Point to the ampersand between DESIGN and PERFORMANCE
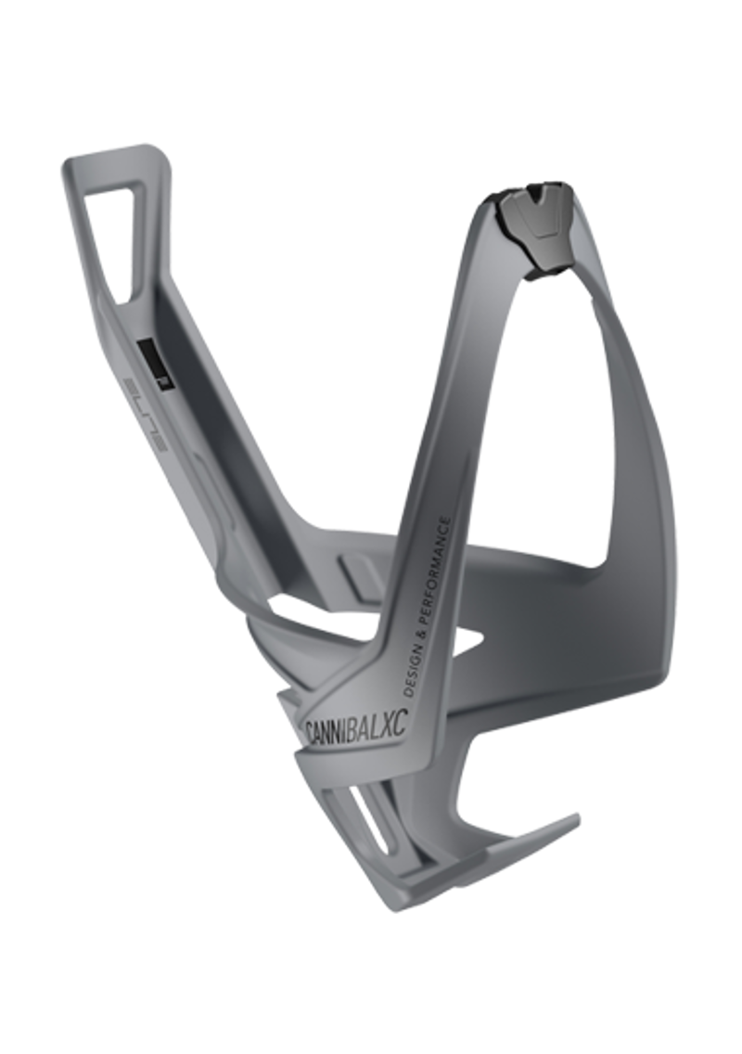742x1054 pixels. pyautogui.click(x=421, y=632)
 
